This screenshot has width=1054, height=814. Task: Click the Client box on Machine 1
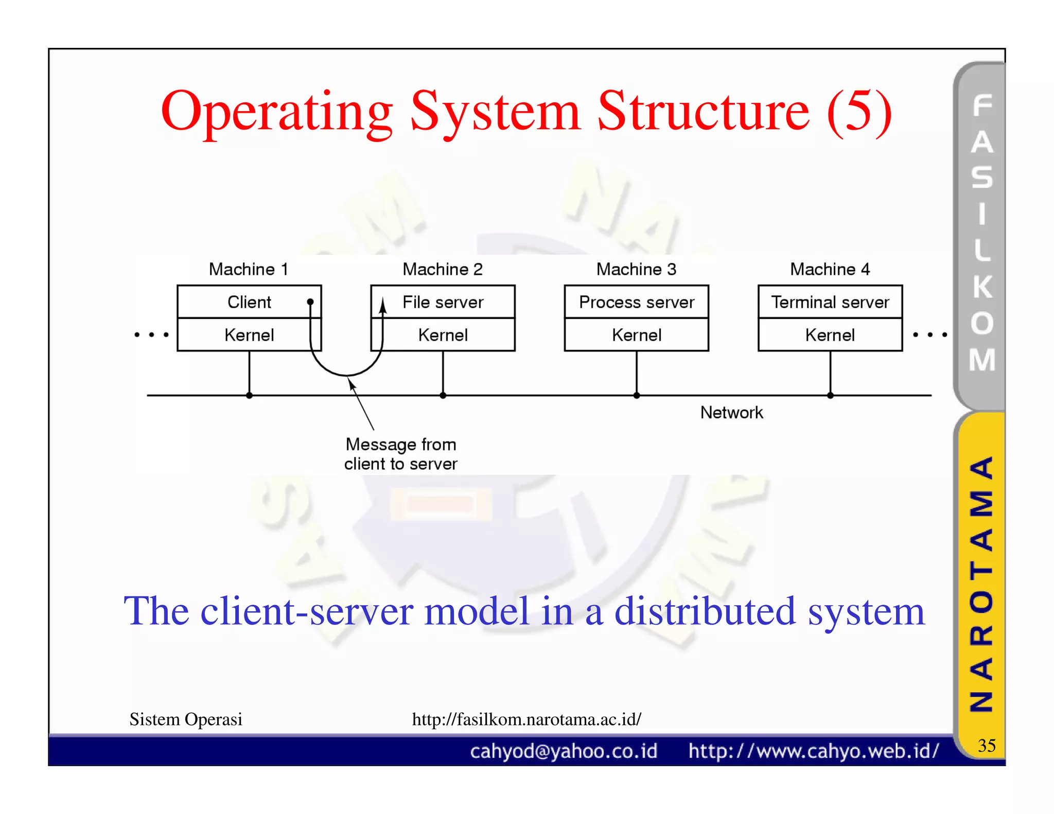click(249, 302)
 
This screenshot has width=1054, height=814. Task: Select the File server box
click(443, 302)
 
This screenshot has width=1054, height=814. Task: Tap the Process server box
click(637, 302)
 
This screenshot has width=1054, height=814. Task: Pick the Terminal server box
click(830, 302)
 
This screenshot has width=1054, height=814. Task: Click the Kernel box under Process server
click(637, 335)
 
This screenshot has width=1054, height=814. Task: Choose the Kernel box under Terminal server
click(830, 335)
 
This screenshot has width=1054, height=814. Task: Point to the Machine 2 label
click(443, 269)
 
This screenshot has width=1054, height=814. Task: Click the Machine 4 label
click(830, 269)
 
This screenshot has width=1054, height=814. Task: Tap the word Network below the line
click(731, 412)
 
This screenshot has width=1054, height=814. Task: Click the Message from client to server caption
click(400, 454)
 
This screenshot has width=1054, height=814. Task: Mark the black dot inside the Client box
click(310, 302)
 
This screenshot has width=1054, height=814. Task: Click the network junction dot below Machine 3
click(637, 396)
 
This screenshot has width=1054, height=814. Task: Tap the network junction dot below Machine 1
click(249, 396)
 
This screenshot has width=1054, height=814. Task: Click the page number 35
click(987, 746)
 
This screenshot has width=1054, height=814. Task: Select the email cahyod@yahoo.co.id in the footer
click(564, 751)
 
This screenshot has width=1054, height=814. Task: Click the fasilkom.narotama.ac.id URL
click(526, 719)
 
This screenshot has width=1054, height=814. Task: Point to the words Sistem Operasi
click(186, 719)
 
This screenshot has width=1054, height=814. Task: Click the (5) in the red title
click(859, 111)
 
